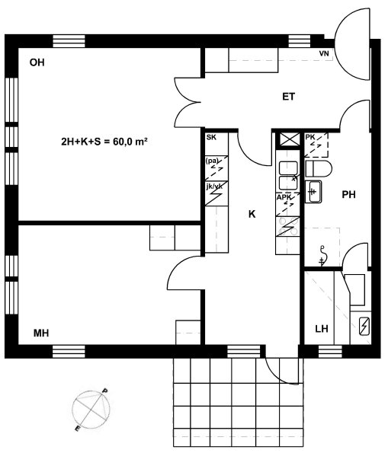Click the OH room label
[x=37, y=62]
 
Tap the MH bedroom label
[x=41, y=333]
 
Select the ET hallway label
[x=288, y=97]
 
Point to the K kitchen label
[x=252, y=214]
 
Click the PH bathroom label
[x=348, y=195]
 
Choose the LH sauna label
[x=322, y=328]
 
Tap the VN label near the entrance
[x=324, y=53]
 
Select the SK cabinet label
[x=211, y=137]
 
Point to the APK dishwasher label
[x=284, y=198]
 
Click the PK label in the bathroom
[x=310, y=137]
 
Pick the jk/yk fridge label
[x=214, y=187]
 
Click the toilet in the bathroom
[x=319, y=169]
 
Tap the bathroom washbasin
[x=313, y=192]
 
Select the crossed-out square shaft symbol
[x=287, y=140]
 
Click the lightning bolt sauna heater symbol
[x=364, y=326]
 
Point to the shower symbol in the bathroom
[x=322, y=255]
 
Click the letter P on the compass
[x=104, y=391]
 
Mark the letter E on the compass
[x=77, y=429]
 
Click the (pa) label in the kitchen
[x=212, y=161]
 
